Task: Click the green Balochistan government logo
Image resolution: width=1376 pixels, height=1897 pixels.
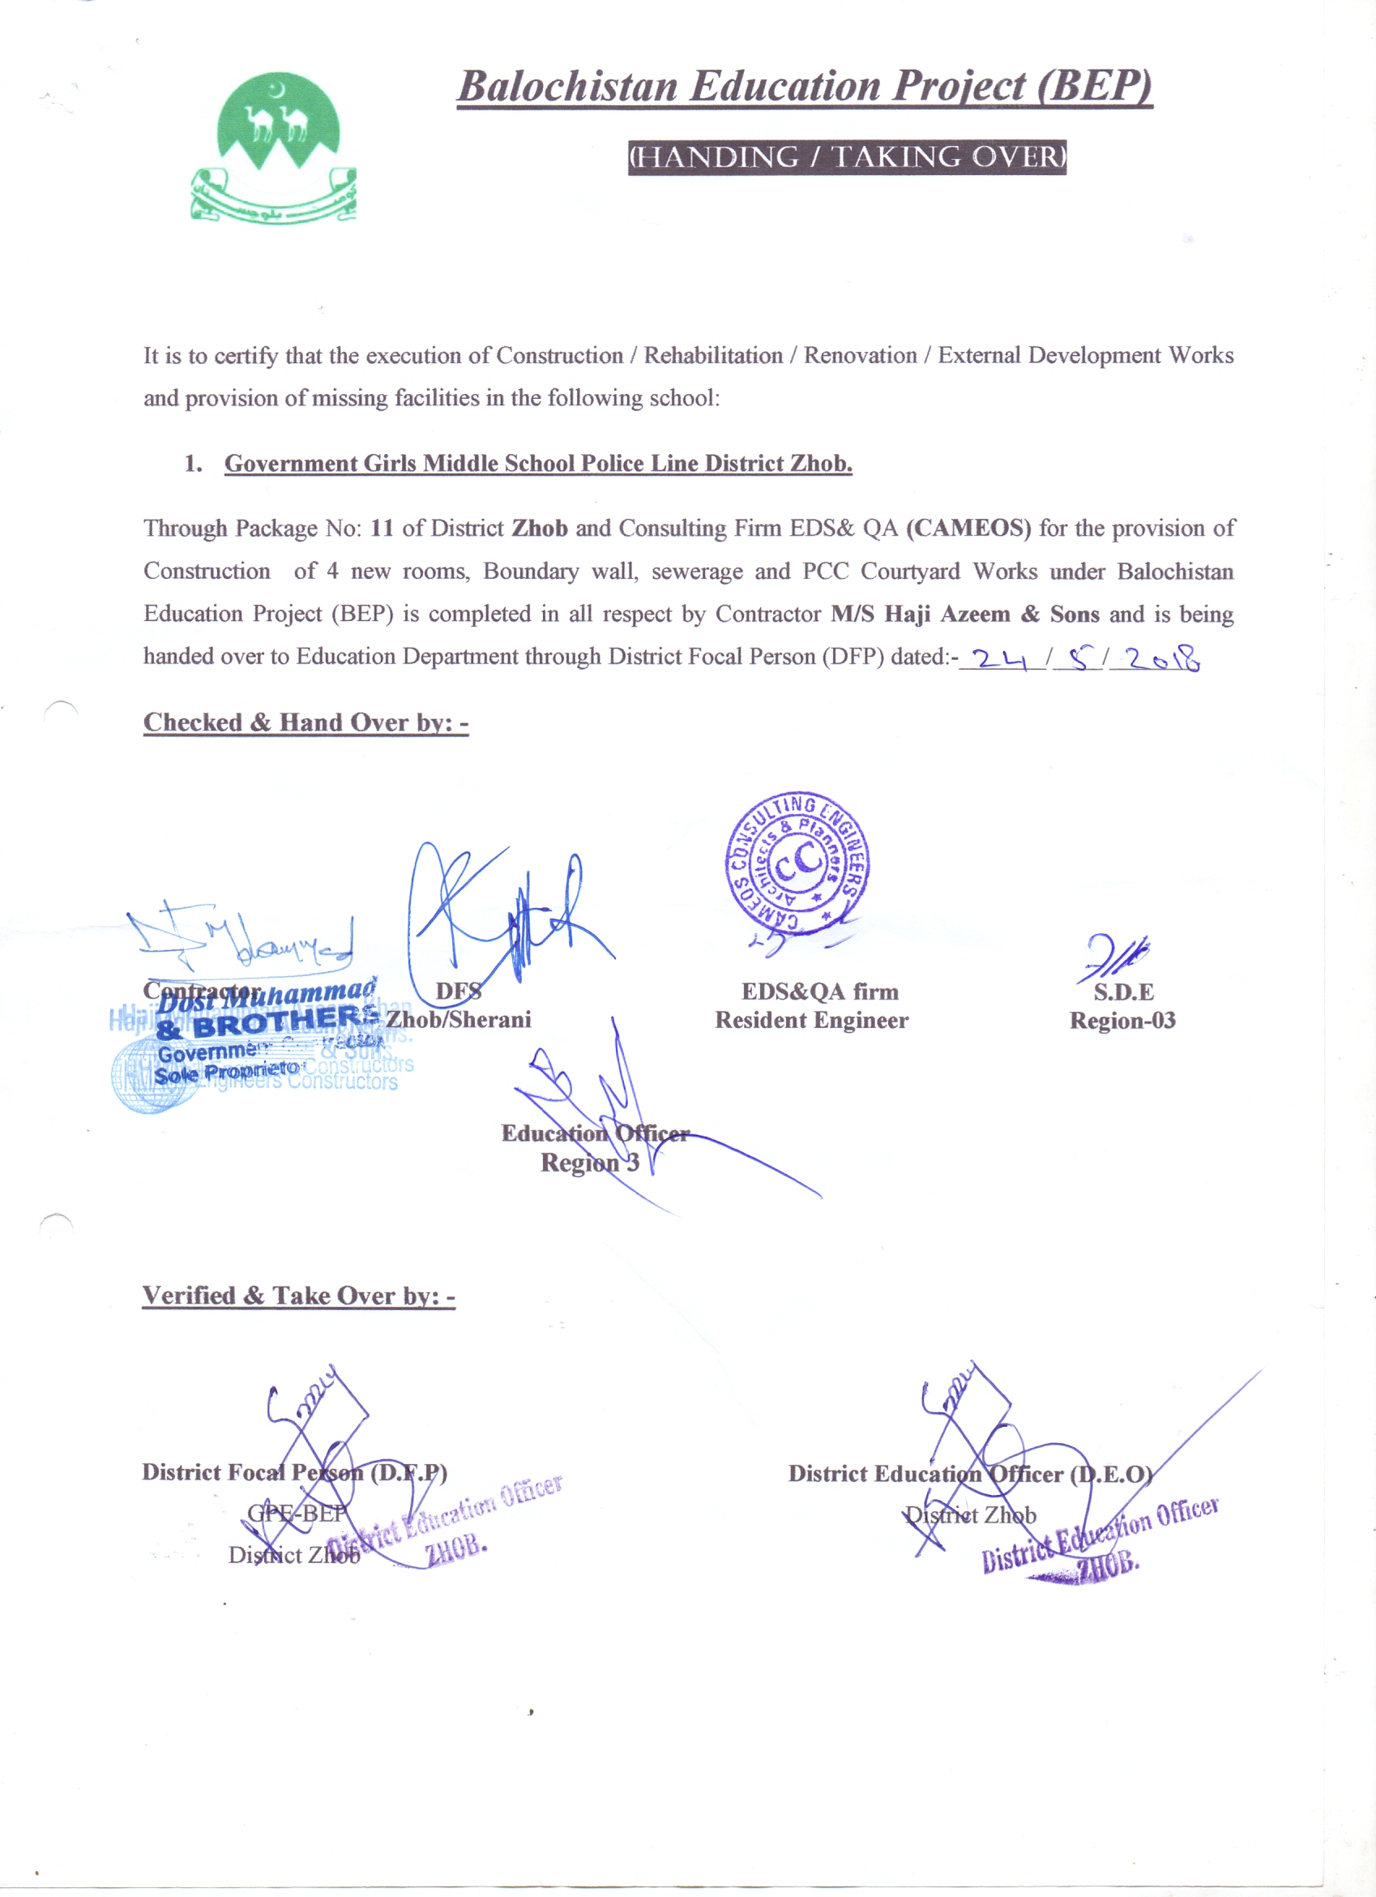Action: point(274,148)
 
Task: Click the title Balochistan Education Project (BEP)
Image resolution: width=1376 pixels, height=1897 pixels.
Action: point(804,87)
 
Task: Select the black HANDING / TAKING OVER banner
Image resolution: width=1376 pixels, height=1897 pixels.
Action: point(847,157)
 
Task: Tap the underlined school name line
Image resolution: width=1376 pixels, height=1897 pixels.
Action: point(537,464)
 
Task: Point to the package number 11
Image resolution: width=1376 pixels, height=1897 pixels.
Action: point(382,529)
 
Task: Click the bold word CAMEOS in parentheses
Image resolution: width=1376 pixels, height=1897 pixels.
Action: point(968,529)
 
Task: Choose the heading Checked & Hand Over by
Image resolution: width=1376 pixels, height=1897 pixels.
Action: point(306,722)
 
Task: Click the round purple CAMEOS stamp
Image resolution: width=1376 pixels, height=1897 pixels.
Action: point(797,864)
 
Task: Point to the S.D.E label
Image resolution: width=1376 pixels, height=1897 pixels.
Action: point(1123,992)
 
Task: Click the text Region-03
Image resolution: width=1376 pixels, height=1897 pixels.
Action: point(1122,1021)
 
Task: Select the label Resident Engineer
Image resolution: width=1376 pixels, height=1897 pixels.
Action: point(811,1021)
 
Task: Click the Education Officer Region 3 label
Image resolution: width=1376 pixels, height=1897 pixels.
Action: point(594,1148)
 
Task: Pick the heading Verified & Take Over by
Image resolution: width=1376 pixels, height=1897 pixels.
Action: point(298,1295)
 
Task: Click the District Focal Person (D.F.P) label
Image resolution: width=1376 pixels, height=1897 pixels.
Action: point(294,1472)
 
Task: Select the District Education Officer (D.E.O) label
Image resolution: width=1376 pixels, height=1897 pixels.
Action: point(971,1474)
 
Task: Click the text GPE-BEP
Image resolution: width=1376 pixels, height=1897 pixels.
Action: point(297,1513)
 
